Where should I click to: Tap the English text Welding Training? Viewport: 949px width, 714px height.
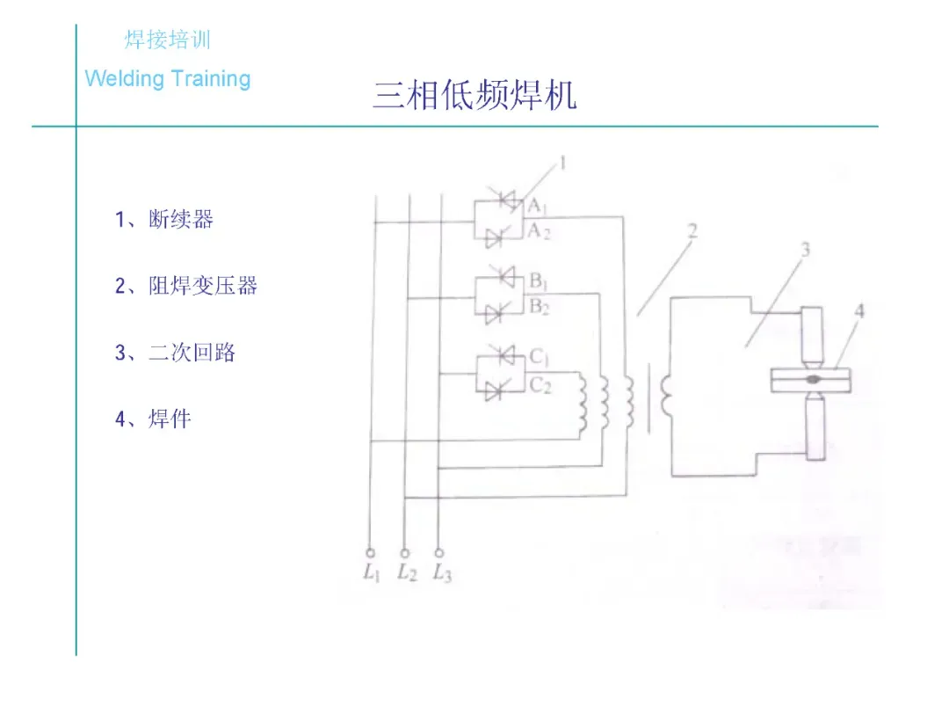[x=168, y=78]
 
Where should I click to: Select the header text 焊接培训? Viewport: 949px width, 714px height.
[x=168, y=40]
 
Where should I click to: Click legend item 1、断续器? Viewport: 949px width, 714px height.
[x=164, y=219]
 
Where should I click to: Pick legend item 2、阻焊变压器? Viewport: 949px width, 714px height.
[x=186, y=286]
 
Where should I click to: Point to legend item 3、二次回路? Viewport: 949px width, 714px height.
[x=176, y=353]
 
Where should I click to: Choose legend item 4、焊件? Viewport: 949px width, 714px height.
[x=153, y=419]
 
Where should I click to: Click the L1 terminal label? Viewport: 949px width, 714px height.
[x=370, y=573]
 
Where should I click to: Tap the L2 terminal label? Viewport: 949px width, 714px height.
[x=405, y=573]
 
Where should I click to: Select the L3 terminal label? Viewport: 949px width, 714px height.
[x=441, y=573]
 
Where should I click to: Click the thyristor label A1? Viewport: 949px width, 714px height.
[x=538, y=207]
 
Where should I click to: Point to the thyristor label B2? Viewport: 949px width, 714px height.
[x=539, y=307]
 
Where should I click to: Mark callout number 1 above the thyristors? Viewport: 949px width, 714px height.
[x=562, y=163]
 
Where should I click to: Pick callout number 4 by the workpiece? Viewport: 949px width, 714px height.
[x=858, y=311]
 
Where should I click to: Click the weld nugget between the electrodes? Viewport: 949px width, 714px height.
[x=813, y=379]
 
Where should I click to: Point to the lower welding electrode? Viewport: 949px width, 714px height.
[x=814, y=426]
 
